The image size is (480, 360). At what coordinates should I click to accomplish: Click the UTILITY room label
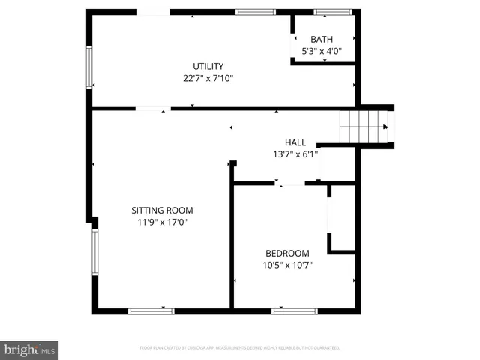point(208,66)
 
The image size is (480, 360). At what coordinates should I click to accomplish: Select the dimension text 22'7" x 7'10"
point(208,77)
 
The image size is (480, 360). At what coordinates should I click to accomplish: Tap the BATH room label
point(322,40)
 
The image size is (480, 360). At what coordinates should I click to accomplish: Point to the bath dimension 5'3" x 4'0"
point(322,51)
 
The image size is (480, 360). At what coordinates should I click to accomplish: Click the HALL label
point(295,142)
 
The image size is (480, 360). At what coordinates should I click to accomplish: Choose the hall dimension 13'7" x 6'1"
point(295,154)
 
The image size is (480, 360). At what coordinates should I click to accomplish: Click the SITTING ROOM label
point(162,211)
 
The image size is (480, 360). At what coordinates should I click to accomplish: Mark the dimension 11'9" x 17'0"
point(162,223)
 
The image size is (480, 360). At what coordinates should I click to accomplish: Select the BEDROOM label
point(287,253)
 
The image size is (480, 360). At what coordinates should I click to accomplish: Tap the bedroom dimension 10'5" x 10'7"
point(287,265)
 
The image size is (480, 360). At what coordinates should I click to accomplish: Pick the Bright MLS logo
point(29,349)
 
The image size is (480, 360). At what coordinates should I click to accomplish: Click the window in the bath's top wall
point(333,12)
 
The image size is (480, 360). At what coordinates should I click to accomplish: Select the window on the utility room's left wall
point(89,68)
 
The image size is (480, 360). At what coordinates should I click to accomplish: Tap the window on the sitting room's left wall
point(94,253)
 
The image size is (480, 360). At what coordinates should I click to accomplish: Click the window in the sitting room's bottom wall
point(151,310)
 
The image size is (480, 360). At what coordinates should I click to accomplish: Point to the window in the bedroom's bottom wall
point(294,310)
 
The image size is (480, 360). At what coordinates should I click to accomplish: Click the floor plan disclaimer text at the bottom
point(240,348)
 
